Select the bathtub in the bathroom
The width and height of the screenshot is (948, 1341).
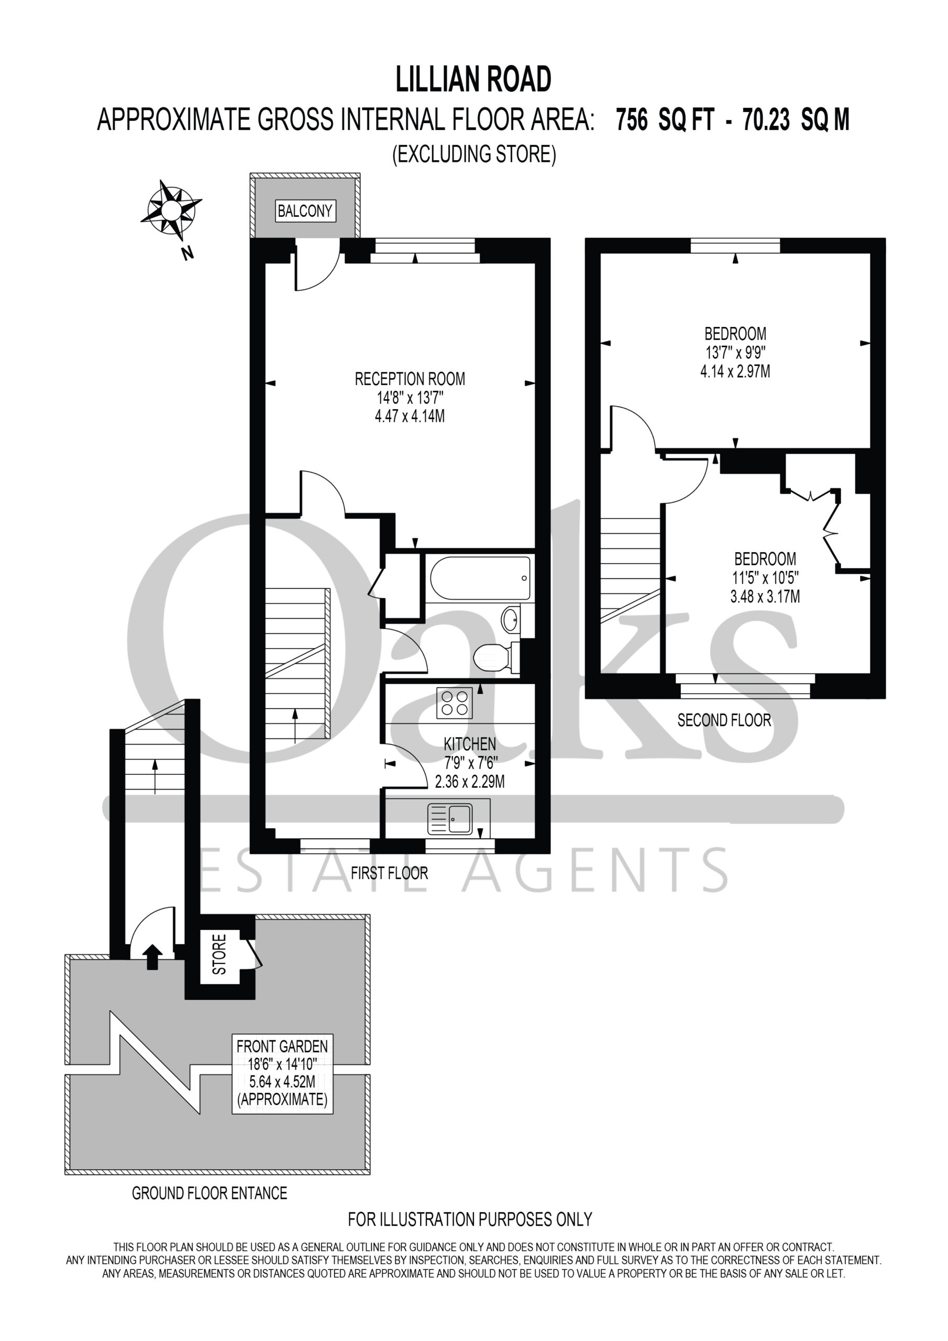pyautogui.click(x=480, y=578)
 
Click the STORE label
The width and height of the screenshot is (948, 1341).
pyautogui.click(x=219, y=954)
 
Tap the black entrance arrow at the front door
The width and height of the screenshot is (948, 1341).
pyautogui.click(x=152, y=957)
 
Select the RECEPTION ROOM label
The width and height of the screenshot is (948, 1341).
pyautogui.click(x=410, y=379)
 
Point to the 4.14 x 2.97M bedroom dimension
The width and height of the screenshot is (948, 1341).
pyautogui.click(x=735, y=371)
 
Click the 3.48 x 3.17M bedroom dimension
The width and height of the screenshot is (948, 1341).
pyautogui.click(x=765, y=596)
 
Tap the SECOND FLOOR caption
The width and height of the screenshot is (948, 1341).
pyautogui.click(x=724, y=720)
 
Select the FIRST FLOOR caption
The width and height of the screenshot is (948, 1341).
pyautogui.click(x=389, y=873)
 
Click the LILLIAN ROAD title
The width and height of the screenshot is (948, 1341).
pyautogui.click(x=473, y=80)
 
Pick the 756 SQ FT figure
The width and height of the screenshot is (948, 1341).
pyautogui.click(x=665, y=120)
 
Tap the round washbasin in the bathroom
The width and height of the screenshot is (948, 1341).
pyautogui.click(x=511, y=619)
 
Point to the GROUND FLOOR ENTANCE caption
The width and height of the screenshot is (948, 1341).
pyautogui.click(x=210, y=1193)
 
